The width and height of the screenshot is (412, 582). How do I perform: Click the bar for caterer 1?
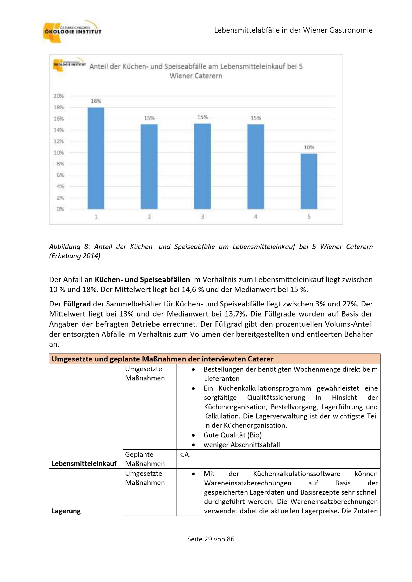[x=96, y=158]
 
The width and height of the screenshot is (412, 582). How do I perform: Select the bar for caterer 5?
[x=309, y=181]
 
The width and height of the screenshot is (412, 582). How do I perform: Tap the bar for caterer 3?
[x=202, y=166]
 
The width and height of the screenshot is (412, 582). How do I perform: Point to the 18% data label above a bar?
[x=96, y=101]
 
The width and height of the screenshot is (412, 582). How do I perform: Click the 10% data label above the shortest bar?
[x=309, y=147]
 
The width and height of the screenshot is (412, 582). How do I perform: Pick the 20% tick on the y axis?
[x=58, y=96]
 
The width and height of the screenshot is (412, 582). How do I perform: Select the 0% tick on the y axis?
[x=60, y=209]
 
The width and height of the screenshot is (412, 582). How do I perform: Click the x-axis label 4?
[x=255, y=217]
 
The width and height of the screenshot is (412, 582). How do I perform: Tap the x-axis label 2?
[x=149, y=217]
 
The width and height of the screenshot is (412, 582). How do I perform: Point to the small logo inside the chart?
[x=69, y=63]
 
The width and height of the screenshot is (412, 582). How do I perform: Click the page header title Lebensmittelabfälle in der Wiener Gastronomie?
[x=293, y=30]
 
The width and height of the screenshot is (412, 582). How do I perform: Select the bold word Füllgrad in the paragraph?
[x=77, y=304]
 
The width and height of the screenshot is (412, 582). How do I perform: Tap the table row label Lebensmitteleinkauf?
[x=84, y=463]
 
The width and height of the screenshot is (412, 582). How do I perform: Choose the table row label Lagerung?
[x=66, y=511]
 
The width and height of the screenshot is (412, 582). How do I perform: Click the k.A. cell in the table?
[x=185, y=454]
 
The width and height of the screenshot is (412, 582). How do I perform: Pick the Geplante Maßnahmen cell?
[x=145, y=459]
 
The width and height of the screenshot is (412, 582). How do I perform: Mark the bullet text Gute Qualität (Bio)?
[x=232, y=435]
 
